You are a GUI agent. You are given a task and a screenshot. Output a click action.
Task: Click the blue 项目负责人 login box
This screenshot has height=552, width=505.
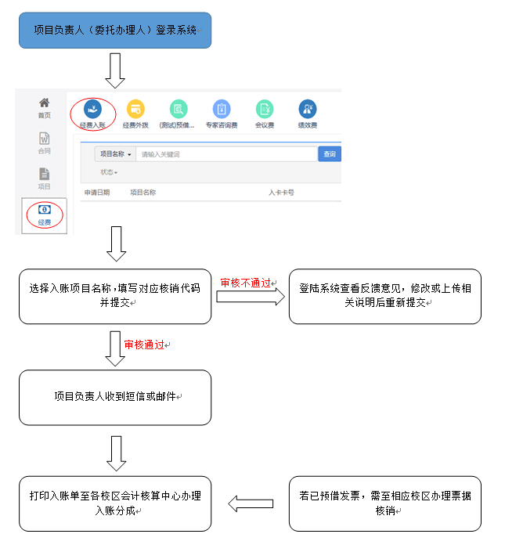click(x=115, y=31)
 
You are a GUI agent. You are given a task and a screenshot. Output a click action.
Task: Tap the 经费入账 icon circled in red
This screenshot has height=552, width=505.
click(x=92, y=110)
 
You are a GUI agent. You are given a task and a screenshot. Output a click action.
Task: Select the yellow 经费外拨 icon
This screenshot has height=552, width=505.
click(x=135, y=110)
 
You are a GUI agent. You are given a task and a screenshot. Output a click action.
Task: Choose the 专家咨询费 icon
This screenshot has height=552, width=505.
click(x=222, y=110)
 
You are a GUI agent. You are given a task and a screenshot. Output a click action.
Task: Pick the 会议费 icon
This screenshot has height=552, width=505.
click(x=265, y=110)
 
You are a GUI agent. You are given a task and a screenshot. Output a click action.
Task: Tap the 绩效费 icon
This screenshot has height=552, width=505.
click(x=307, y=110)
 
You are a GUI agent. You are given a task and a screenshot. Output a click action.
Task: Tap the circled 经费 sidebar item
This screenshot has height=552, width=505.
click(x=45, y=214)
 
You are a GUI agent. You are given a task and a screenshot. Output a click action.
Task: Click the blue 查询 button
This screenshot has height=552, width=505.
click(x=330, y=154)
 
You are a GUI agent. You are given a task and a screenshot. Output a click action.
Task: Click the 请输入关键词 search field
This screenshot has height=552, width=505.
click(x=225, y=154)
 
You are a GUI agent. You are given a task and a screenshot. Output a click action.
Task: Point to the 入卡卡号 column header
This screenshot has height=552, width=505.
click(x=281, y=192)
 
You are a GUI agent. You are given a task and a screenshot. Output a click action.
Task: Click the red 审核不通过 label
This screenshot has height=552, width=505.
click(x=246, y=283)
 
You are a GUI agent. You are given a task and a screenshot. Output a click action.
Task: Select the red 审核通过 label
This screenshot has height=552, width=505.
click(x=145, y=344)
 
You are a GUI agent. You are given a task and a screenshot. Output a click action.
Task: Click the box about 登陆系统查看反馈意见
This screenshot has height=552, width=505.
click(x=384, y=296)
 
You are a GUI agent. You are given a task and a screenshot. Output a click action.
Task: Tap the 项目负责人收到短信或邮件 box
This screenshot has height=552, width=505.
click(x=115, y=397)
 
